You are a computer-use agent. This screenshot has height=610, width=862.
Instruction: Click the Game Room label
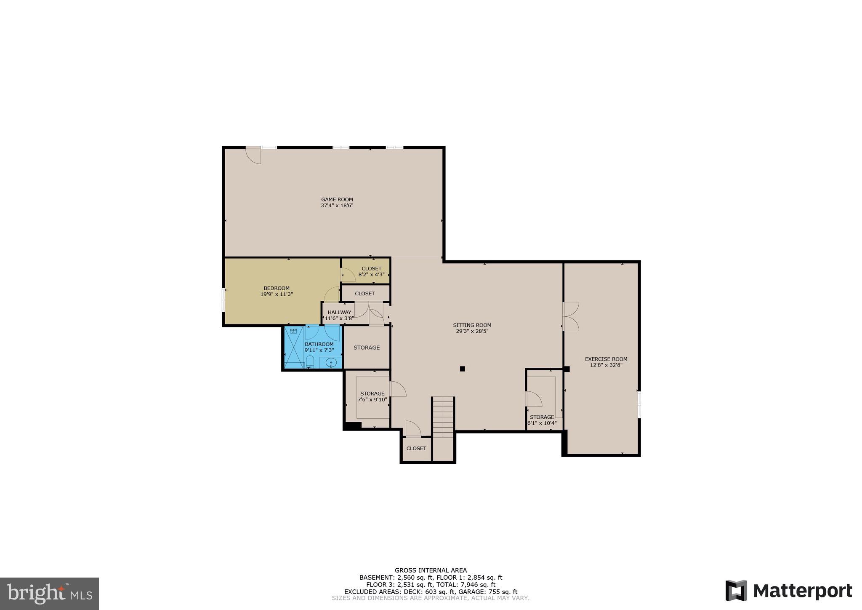pyautogui.click(x=337, y=200)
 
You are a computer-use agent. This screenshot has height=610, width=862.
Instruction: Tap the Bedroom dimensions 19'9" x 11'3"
pyautogui.click(x=277, y=294)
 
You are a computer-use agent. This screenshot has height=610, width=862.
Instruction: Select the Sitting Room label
pyautogui.click(x=472, y=325)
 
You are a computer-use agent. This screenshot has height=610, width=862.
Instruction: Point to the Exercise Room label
pyautogui.click(x=606, y=359)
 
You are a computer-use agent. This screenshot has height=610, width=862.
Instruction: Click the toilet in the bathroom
pyautogui.click(x=310, y=362)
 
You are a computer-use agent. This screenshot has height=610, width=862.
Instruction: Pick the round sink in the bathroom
pyautogui.click(x=331, y=362)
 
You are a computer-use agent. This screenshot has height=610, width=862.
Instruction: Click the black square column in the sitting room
pyautogui.click(x=462, y=369)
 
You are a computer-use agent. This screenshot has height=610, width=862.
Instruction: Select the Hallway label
pyautogui.click(x=339, y=313)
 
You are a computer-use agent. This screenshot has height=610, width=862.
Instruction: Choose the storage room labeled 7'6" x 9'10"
pyautogui.click(x=367, y=399)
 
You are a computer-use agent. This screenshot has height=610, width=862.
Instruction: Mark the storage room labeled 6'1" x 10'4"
pyautogui.click(x=545, y=400)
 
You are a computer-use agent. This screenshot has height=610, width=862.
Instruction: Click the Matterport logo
pyautogui.click(x=789, y=590)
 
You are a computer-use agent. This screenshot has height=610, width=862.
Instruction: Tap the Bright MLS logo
pyautogui.click(x=50, y=594)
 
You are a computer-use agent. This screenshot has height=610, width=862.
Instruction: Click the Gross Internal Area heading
pyautogui.click(x=431, y=570)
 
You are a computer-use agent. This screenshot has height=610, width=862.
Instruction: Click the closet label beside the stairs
pyautogui.click(x=416, y=448)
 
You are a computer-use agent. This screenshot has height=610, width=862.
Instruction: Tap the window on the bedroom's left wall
pyautogui.click(x=223, y=300)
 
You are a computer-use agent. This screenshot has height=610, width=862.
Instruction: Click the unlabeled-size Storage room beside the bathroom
pyautogui.click(x=367, y=348)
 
